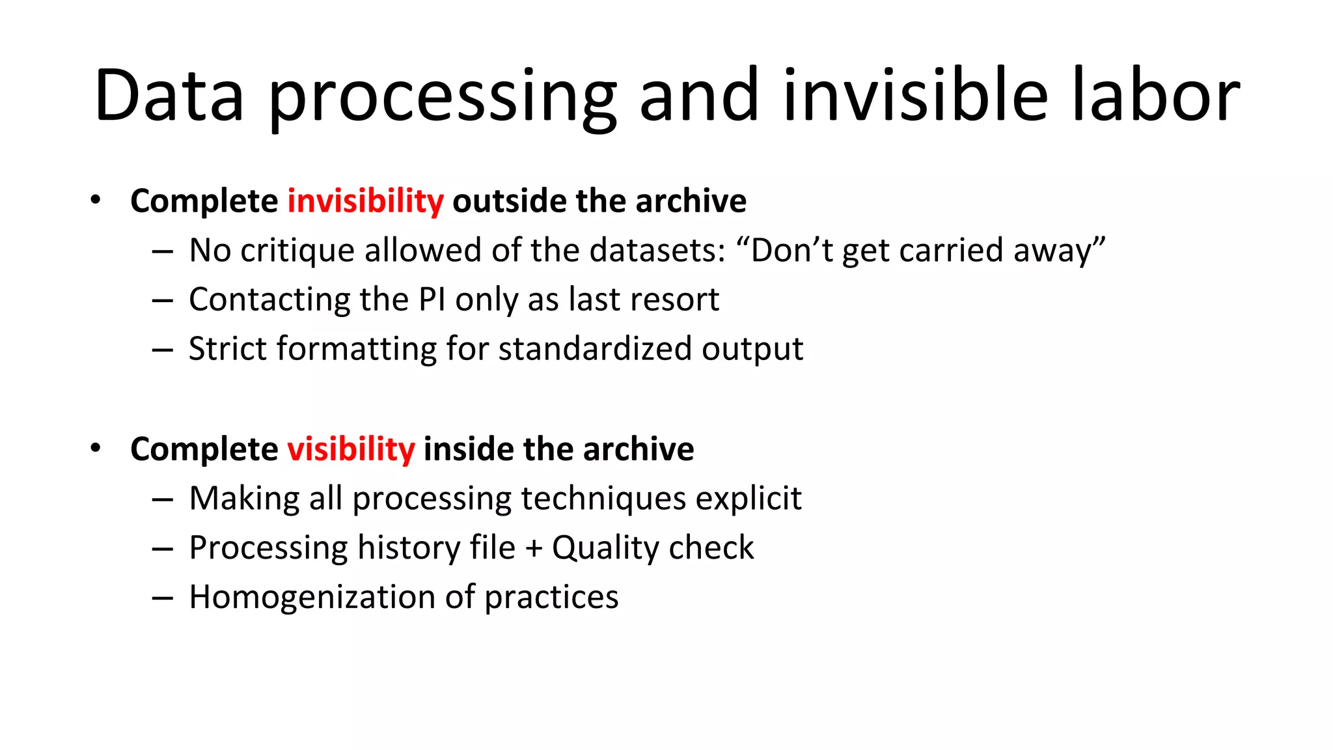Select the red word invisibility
coord(366,201)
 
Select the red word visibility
coord(351,449)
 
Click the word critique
coord(298,251)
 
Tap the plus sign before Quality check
coord(534,548)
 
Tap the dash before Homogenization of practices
coord(162,598)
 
